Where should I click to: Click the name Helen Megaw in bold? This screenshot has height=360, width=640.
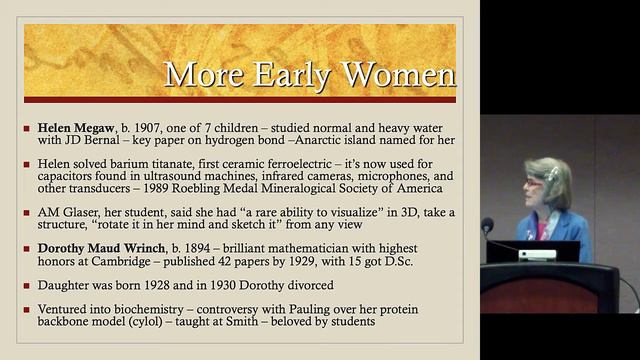click(x=74, y=128)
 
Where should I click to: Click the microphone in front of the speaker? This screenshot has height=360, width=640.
click(x=488, y=226)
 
